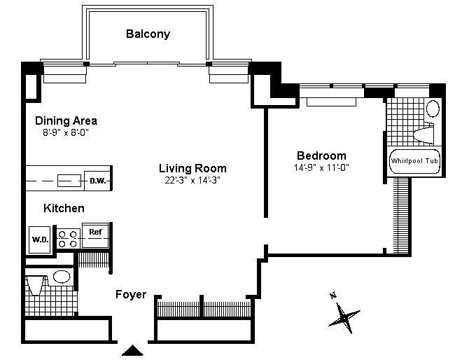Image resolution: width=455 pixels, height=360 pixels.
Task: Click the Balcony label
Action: [x=148, y=34]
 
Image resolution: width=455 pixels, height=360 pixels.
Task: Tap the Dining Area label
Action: [x=66, y=120]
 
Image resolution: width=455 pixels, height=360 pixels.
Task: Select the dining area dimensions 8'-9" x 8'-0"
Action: [x=66, y=132]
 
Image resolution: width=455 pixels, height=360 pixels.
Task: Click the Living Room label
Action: [x=192, y=168]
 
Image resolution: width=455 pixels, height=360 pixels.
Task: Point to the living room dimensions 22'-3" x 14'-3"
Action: [x=192, y=179]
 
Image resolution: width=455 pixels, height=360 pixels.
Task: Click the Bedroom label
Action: [x=321, y=155]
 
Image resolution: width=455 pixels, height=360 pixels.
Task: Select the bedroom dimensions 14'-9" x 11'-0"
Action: [x=322, y=167]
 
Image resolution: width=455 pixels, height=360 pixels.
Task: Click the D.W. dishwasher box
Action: [x=97, y=181]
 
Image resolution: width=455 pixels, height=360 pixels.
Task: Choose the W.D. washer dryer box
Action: [x=38, y=238]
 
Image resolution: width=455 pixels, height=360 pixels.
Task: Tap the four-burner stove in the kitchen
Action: [x=67, y=238]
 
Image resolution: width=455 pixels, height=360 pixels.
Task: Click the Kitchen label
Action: [x=64, y=208]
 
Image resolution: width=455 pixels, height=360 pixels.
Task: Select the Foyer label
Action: [x=131, y=294]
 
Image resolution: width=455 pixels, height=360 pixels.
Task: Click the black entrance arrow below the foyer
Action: [x=131, y=350]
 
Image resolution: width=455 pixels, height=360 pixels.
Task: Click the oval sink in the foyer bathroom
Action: [x=62, y=277]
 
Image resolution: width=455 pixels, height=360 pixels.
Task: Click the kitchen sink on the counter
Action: [x=68, y=181]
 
